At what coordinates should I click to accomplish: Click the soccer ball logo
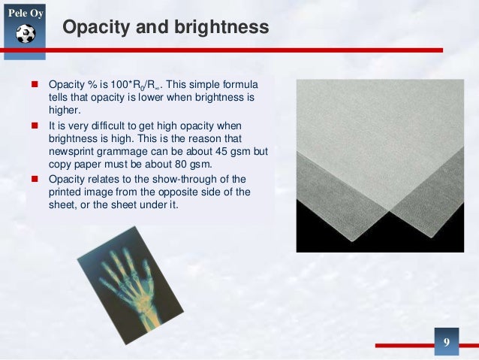26,34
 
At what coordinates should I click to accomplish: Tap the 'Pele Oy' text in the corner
25,11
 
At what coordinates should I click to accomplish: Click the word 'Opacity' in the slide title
93,28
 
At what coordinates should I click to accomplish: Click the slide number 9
446,343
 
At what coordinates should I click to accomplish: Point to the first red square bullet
35,86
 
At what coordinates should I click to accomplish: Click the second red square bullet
35,126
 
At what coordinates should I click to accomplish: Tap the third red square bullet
35,179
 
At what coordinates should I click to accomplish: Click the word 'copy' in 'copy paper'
62,165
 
